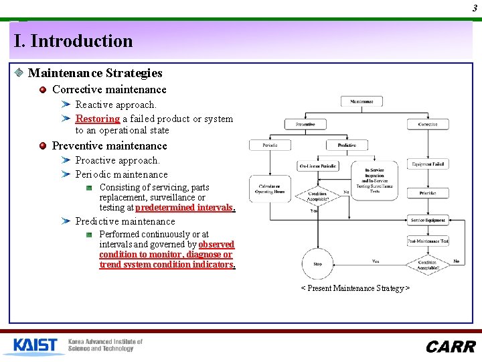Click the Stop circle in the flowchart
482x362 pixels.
[318, 263]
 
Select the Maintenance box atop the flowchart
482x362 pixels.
[361, 102]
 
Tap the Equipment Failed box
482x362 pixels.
[428, 164]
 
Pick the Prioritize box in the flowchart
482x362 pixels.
[428, 193]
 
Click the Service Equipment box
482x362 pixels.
[428, 221]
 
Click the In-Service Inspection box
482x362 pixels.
[374, 180]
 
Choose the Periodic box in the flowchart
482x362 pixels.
[270, 145]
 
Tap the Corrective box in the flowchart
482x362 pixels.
[428, 124]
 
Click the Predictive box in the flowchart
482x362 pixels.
[347, 145]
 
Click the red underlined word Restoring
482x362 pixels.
[98, 119]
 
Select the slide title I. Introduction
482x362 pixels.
[74, 41]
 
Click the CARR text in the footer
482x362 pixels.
[451, 347]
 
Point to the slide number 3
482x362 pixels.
[474, 7]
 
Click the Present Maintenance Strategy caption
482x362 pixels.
[355, 288]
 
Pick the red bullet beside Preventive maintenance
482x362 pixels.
[43, 145]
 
